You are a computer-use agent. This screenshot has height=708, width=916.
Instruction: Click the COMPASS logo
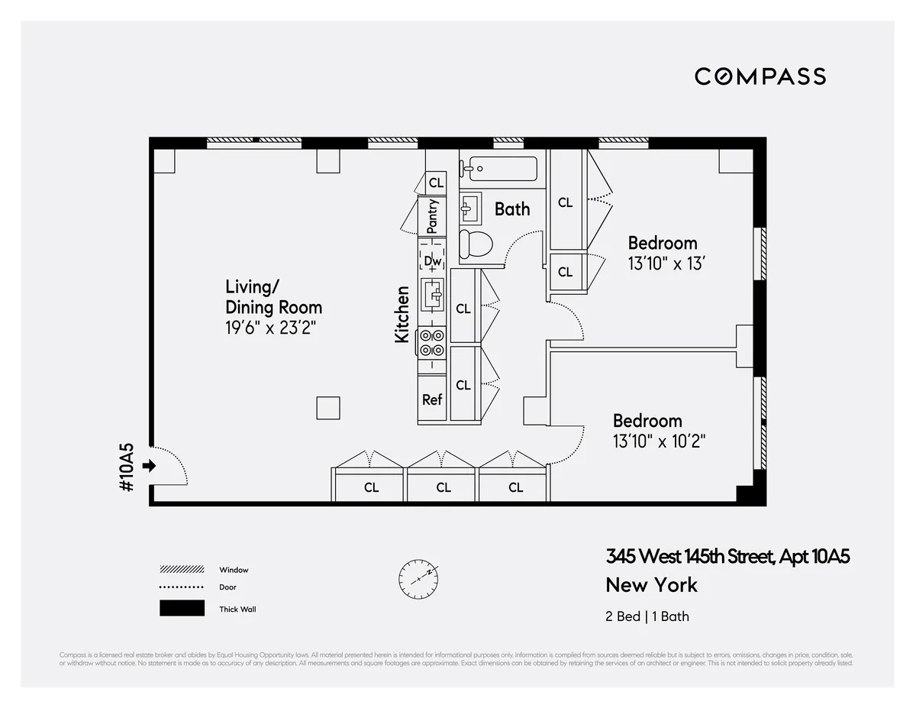click(760, 76)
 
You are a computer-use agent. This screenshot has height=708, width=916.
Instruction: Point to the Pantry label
click(433, 216)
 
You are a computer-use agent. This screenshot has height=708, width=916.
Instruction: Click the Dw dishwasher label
click(433, 261)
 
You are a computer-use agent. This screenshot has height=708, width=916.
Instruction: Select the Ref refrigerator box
click(433, 399)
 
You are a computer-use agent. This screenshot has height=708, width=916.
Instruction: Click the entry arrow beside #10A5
click(149, 465)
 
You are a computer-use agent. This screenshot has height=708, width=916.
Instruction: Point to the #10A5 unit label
click(127, 467)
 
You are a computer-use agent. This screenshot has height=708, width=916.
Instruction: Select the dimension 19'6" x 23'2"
click(270, 328)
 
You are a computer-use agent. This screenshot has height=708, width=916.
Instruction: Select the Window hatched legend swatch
click(182, 570)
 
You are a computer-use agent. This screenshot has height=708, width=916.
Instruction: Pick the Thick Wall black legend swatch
click(182, 609)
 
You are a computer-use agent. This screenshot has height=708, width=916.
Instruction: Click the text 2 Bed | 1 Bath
click(647, 616)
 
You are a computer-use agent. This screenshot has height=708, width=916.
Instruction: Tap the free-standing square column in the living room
click(328, 408)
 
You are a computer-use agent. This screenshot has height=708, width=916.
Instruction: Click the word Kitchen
click(402, 314)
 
